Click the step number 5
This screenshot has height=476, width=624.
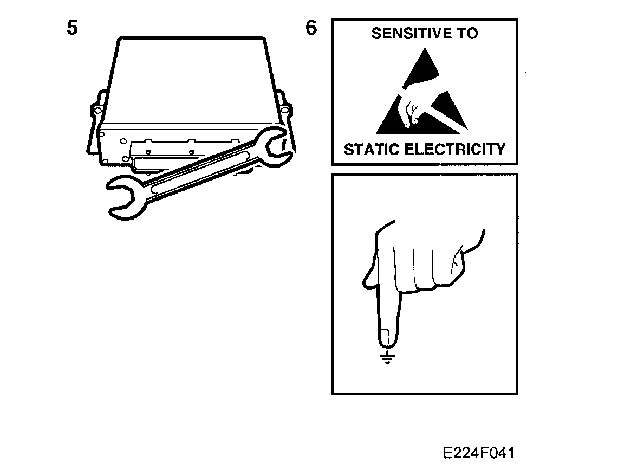[72, 28]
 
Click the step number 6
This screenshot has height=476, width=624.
[311, 28]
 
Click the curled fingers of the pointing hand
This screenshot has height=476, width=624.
[428, 266]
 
